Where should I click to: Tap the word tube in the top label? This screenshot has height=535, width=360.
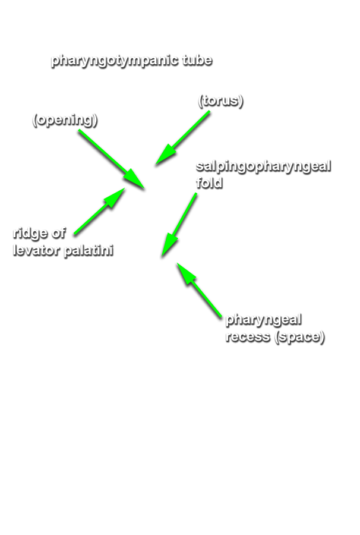point(197,59)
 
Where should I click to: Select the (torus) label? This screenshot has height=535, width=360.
point(220,100)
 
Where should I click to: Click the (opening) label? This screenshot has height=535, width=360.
point(65,119)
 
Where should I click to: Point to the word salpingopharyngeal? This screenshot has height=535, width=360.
point(264,166)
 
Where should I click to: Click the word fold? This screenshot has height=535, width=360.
point(209,182)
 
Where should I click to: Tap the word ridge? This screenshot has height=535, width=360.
point(30,234)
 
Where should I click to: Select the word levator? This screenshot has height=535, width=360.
point(36,250)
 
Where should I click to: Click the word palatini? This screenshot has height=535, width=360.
point(89,250)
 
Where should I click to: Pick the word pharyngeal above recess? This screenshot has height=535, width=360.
point(264,320)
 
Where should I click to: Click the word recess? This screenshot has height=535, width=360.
point(248,336)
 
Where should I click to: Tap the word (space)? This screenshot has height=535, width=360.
point(299,337)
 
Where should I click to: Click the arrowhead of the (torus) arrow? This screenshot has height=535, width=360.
point(166,155)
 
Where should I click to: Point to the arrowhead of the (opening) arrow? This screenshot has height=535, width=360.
point(134,178)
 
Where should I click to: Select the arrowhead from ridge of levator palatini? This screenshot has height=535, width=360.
point(115,197)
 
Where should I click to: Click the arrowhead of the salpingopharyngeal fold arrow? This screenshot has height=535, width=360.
point(169,246)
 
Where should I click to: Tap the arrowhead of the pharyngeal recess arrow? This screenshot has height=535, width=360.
point(187,273)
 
